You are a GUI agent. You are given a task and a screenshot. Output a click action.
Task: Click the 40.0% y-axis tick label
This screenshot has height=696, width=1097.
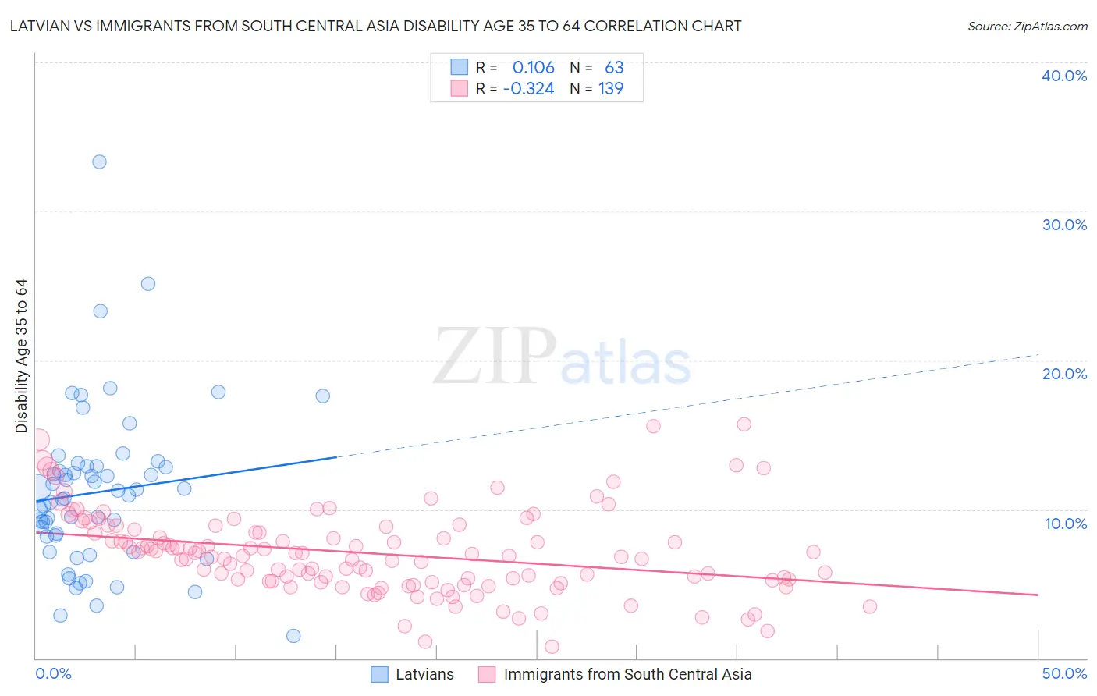(x=1064, y=76)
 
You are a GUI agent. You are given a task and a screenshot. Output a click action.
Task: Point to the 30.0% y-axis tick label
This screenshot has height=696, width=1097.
(x=1064, y=225)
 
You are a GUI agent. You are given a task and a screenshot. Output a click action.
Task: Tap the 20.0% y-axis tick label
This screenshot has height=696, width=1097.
(x=1064, y=374)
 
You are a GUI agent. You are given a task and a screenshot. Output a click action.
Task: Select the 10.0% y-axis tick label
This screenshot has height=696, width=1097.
(x=1066, y=524)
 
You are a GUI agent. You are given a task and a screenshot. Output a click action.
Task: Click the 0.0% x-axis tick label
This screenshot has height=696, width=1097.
(x=53, y=673)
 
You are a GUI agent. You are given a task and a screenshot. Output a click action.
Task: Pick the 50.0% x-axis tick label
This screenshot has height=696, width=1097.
(x=1064, y=673)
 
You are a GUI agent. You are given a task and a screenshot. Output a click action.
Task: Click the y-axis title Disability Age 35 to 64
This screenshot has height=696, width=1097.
(x=21, y=356)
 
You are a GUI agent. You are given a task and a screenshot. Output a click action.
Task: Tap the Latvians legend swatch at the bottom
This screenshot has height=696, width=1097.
(x=379, y=674)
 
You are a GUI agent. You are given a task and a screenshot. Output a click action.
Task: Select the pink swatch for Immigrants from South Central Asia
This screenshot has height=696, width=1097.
(x=487, y=674)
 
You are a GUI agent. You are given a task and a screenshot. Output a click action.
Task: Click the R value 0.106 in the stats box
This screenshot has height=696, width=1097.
(x=533, y=68)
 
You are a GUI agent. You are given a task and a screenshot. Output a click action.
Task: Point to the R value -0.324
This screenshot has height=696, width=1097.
(x=528, y=89)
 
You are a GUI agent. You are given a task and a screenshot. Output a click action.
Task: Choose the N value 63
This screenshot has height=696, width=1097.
(x=614, y=68)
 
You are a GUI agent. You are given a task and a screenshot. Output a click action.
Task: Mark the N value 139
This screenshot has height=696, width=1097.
(x=610, y=89)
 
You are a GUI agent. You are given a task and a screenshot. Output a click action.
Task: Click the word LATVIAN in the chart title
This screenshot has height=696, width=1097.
(x=40, y=26)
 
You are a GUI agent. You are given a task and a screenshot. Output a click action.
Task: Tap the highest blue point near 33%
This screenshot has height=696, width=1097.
(x=99, y=162)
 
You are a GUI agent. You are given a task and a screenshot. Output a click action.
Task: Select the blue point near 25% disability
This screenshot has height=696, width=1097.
(x=148, y=284)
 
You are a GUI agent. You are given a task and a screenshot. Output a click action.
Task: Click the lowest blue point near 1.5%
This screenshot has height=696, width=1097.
(x=293, y=636)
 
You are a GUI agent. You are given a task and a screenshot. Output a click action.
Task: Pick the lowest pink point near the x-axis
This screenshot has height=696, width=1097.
(x=552, y=646)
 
